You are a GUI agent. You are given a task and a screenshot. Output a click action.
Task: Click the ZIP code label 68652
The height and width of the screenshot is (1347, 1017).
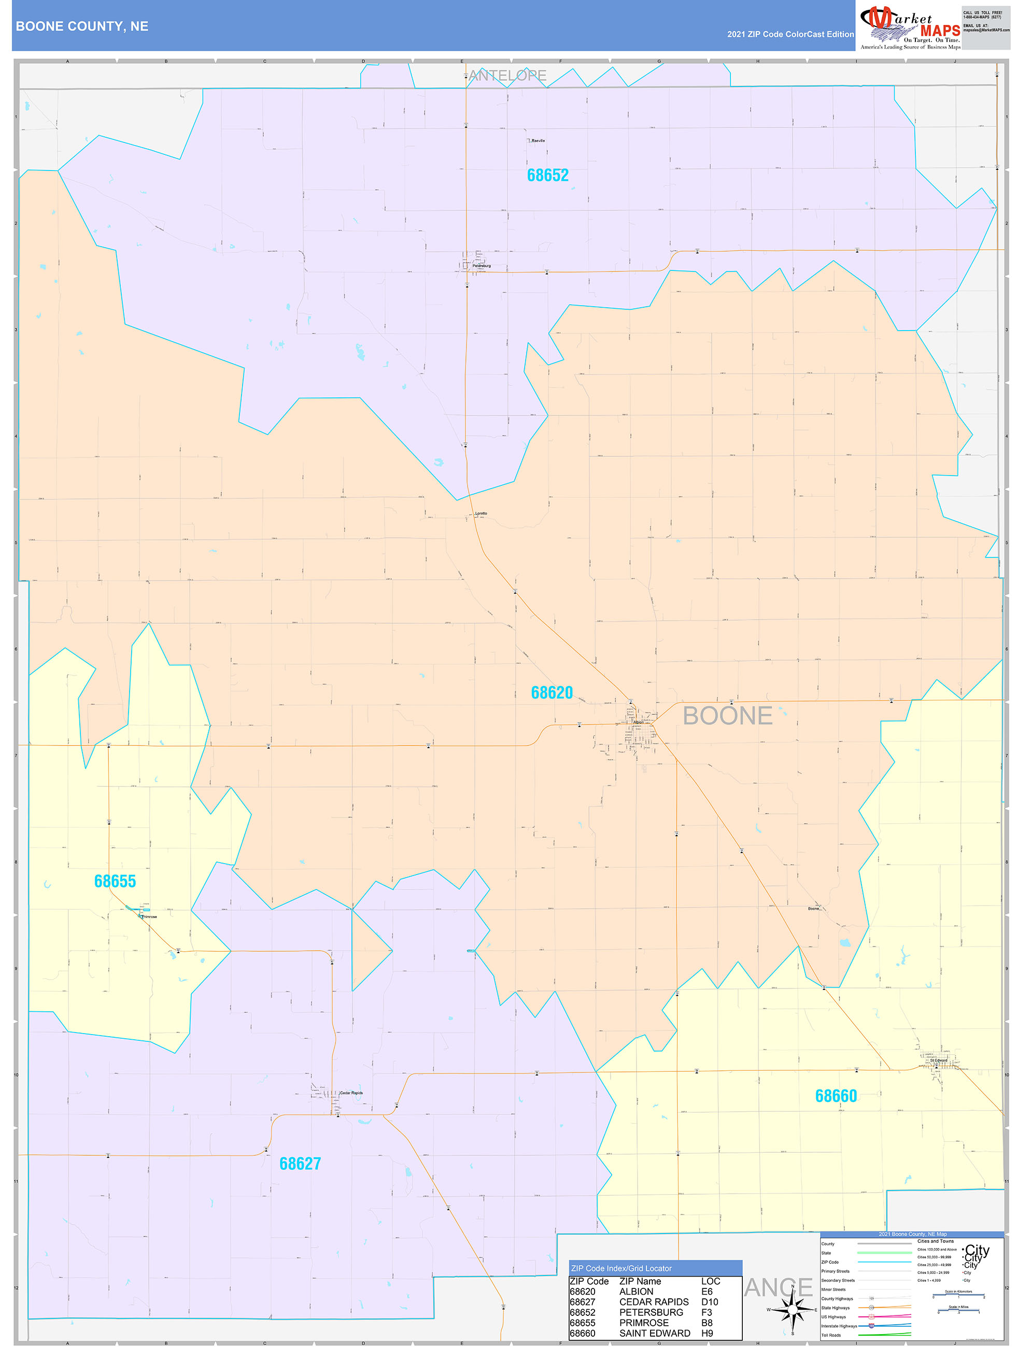coord(547,176)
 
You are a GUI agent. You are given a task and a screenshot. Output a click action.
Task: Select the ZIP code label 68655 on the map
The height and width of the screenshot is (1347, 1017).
coord(115,881)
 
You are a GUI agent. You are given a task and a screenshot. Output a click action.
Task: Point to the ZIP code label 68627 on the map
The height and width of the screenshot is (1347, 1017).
coord(300,1164)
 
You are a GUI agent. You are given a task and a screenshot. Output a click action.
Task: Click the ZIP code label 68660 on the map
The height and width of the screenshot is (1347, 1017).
coord(836,1096)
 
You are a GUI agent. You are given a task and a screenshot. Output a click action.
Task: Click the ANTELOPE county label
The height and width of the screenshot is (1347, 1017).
coord(507,76)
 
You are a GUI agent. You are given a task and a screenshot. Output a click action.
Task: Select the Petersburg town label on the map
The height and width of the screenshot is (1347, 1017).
coord(482,265)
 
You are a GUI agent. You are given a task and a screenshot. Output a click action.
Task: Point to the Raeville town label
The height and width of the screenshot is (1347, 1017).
coord(538,141)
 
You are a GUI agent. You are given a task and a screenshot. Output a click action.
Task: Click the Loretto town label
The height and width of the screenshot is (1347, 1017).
coord(481,513)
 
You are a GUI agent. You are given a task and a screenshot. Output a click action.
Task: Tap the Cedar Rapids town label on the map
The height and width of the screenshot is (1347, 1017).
coord(351,1093)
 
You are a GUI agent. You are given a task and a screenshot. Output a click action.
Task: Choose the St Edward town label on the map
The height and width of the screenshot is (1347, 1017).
coord(938,1060)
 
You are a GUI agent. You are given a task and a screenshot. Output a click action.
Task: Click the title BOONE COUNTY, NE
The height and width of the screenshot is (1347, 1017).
coord(82,26)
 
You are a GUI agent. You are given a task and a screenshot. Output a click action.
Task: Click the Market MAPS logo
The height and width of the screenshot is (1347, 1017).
coord(910,27)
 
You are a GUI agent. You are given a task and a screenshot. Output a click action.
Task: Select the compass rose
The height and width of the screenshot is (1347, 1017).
coord(792,1309)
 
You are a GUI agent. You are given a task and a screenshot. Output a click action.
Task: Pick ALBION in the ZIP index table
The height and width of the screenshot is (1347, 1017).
coord(635,1292)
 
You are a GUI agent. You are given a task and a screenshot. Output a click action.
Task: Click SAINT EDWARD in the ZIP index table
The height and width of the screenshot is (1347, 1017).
coord(655,1333)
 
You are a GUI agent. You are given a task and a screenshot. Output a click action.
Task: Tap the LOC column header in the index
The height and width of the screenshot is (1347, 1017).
coord(710,1281)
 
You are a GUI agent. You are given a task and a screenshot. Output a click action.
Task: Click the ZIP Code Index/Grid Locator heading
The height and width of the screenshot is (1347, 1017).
coord(621,1268)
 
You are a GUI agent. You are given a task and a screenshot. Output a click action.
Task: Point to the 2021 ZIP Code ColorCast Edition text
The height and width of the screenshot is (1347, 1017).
coord(790,34)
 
